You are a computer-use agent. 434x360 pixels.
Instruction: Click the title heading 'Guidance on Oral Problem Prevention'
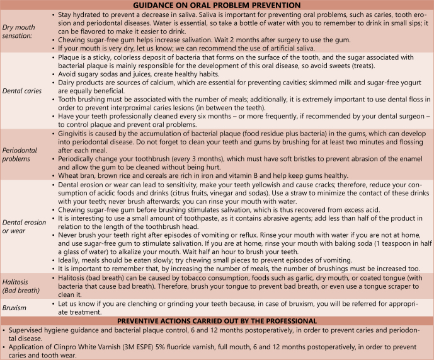[x=217, y=4]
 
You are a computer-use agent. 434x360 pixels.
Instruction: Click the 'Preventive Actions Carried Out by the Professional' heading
[x=217, y=321]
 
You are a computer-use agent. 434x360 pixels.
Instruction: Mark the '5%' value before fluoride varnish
[x=166, y=347]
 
